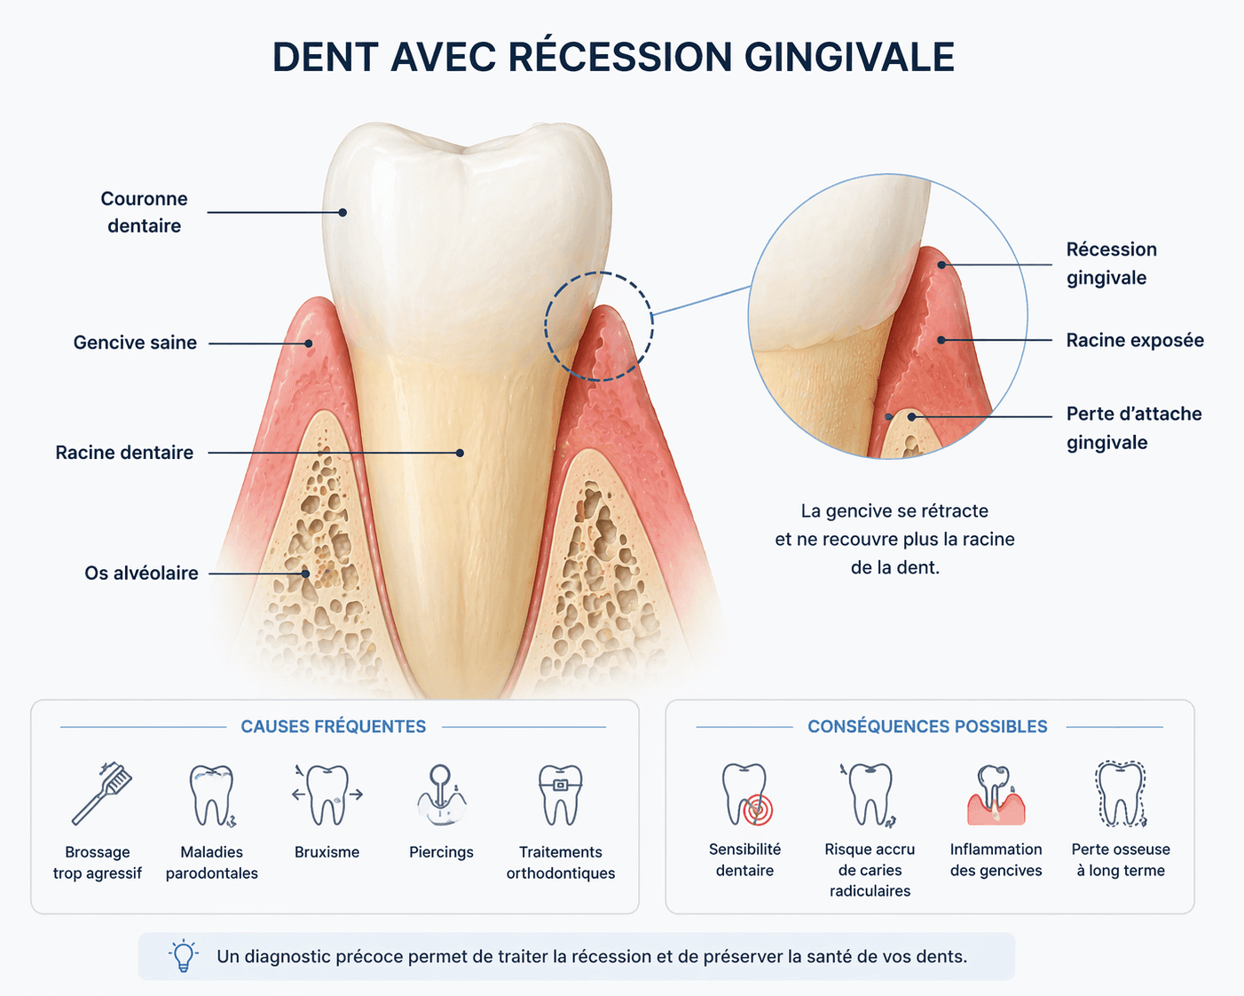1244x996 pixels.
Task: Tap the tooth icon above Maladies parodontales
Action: click(x=211, y=795)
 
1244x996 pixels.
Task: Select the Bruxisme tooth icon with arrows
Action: click(x=327, y=794)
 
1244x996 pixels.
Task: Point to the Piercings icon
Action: click(x=441, y=795)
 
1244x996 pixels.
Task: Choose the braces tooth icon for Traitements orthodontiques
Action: click(x=560, y=794)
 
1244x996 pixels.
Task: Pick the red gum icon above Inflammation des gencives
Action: click(x=996, y=795)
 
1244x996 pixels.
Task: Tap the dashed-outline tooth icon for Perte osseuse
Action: click(x=1121, y=794)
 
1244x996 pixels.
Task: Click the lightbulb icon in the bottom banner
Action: click(x=184, y=956)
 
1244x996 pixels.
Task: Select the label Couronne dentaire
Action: click(x=144, y=212)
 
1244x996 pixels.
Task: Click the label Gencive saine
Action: click(x=135, y=343)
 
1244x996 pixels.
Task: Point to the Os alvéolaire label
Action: click(x=141, y=573)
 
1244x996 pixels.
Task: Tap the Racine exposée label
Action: click(x=1135, y=340)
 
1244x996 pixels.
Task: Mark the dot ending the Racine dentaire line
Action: click(x=460, y=453)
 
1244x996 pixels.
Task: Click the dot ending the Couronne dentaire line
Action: click(x=342, y=212)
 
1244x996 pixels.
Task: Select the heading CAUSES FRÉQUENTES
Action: click(x=334, y=726)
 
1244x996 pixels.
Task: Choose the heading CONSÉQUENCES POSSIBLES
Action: click(x=927, y=726)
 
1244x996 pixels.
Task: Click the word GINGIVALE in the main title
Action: click(x=849, y=57)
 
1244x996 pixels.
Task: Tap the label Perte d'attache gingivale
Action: click(x=1133, y=428)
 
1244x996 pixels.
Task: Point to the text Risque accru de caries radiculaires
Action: click(x=870, y=870)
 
